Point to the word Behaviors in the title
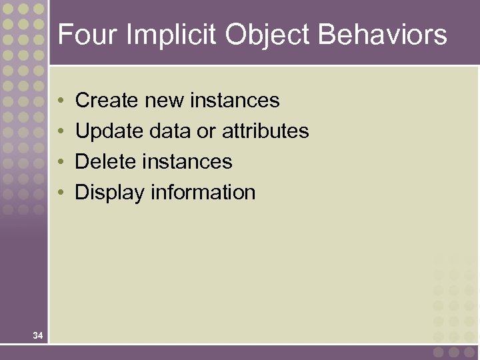(383, 35)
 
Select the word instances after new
(235, 101)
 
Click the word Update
(109, 131)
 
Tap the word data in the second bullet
(170, 131)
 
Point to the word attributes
(265, 131)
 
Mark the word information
(203, 193)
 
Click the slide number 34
(38, 335)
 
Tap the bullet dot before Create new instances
(61, 101)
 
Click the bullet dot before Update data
(61, 132)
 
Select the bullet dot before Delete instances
(61, 163)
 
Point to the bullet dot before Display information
(61, 193)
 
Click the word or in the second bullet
(206, 131)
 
